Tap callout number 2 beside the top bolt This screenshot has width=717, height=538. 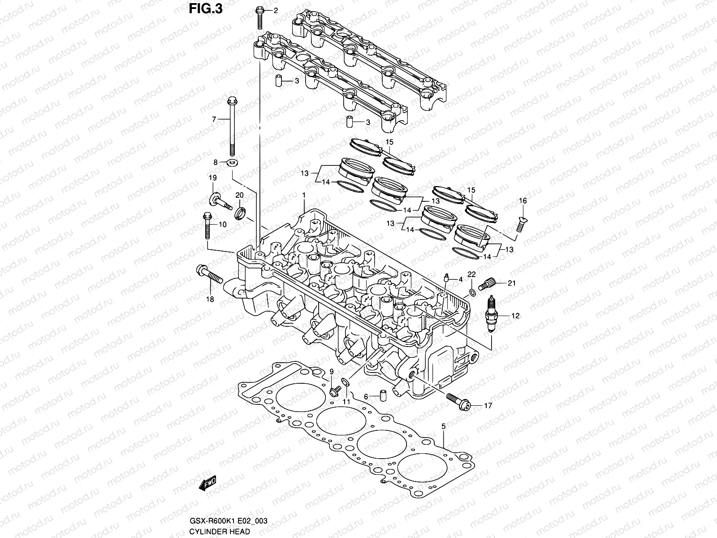[x=276, y=10]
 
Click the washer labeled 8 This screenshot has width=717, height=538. [x=233, y=162]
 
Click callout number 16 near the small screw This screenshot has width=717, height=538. [x=523, y=201]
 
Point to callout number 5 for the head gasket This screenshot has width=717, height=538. [x=443, y=426]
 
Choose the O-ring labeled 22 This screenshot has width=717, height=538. [x=471, y=293]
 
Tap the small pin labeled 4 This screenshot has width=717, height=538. [x=446, y=278]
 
